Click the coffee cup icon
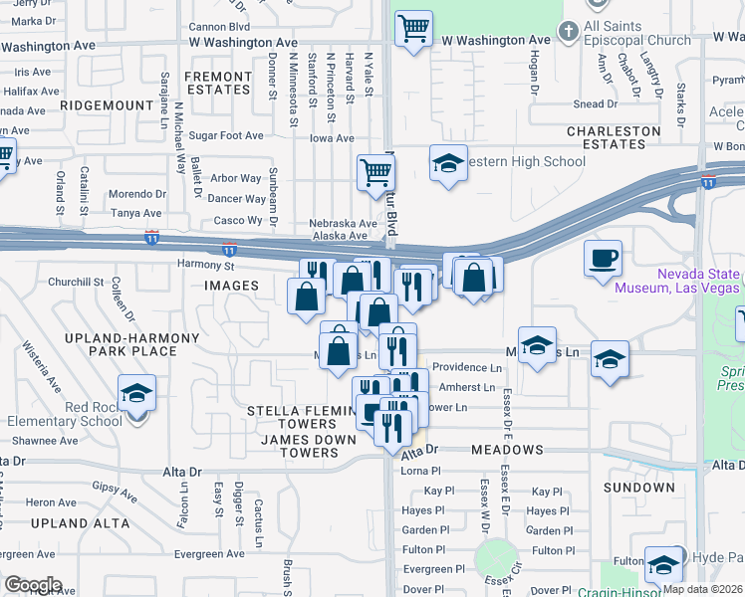tap(603, 260)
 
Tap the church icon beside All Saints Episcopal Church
tap(569, 31)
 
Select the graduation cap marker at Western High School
tap(449, 162)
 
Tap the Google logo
tap(33, 585)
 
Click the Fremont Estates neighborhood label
tap(218, 83)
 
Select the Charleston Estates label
tap(614, 137)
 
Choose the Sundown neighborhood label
tap(638, 488)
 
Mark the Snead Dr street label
tap(595, 103)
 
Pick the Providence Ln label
tap(466, 367)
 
